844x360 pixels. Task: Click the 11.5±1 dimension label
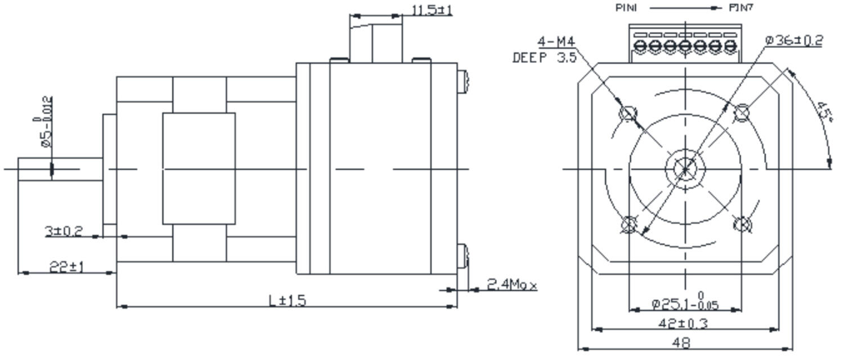[x=432, y=10]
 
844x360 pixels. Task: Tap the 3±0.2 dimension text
[x=64, y=231]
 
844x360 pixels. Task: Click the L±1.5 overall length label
[x=287, y=300]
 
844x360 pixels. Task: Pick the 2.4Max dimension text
[x=511, y=285]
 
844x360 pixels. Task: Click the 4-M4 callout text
[x=556, y=42]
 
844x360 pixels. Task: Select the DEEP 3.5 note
[x=544, y=57]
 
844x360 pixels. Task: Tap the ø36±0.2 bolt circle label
[x=794, y=40]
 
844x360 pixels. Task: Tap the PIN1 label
[x=626, y=8]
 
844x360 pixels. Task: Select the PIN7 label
[x=740, y=8]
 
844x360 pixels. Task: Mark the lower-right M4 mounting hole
[x=742, y=224]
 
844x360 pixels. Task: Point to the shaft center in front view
[x=685, y=168]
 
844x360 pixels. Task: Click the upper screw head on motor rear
[x=463, y=82]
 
